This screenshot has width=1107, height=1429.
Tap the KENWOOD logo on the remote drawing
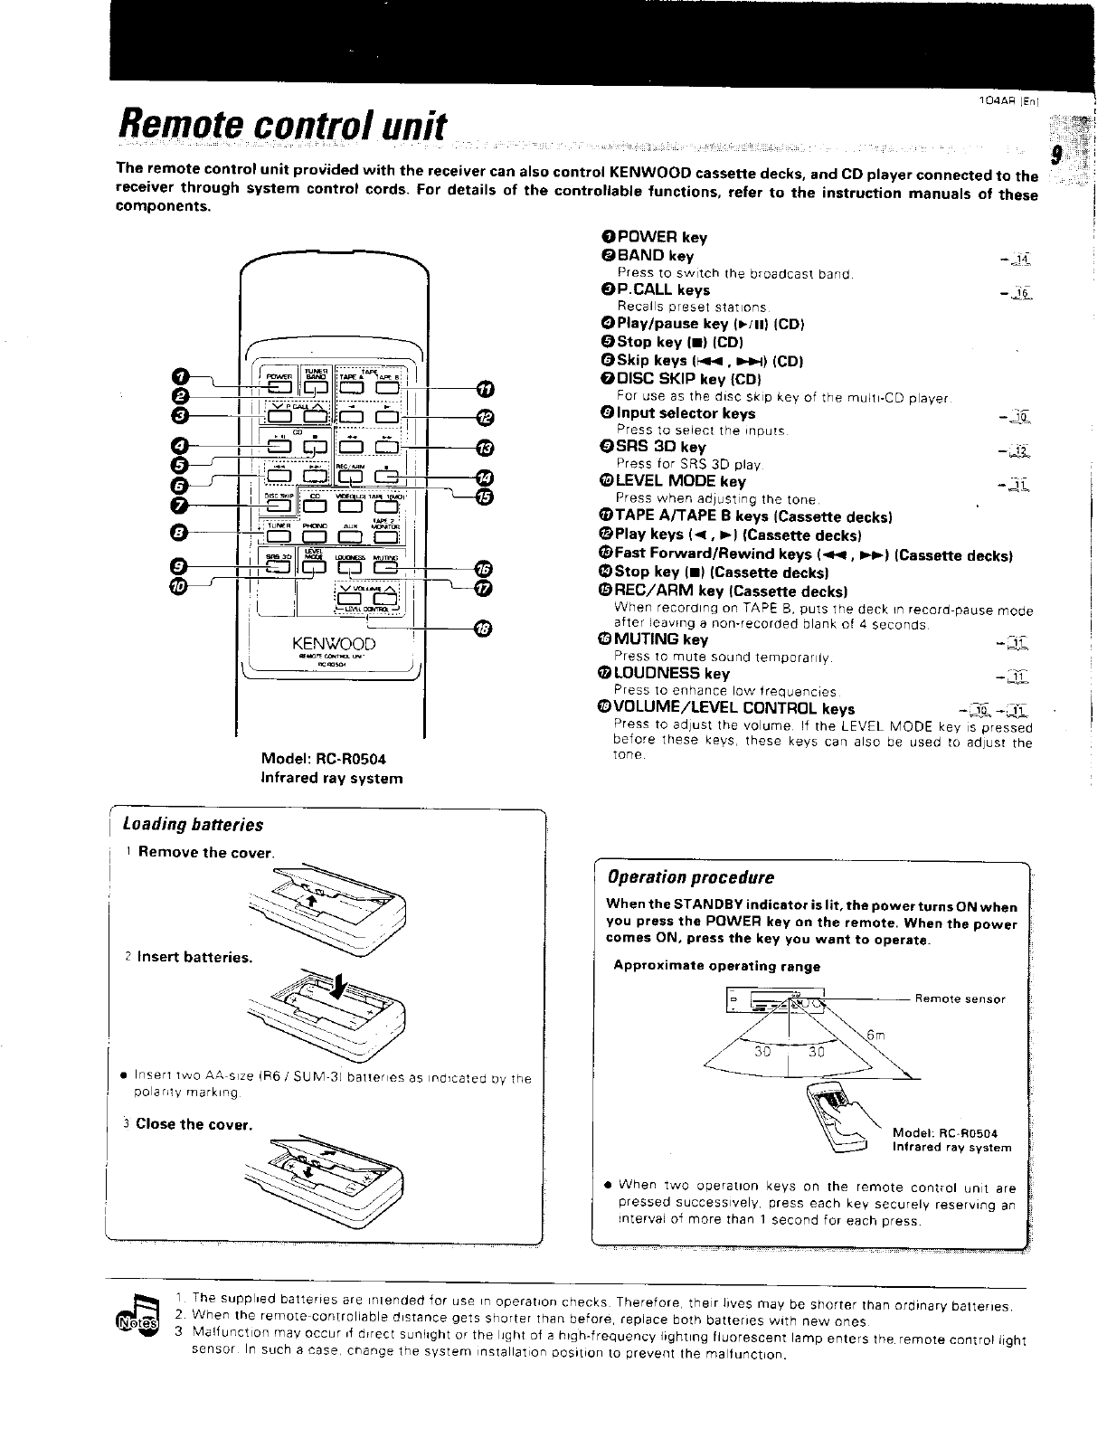pos(333,644)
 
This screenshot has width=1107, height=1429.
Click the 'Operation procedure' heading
pos(691,877)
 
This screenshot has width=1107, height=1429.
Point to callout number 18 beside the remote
pos(480,630)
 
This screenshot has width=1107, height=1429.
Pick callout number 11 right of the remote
pos(486,389)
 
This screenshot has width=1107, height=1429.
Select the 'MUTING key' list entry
pos(661,639)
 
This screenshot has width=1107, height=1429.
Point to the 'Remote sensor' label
pos(960,999)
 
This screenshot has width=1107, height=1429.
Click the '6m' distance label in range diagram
pos(875,1036)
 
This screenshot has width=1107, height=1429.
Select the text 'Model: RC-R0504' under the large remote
pos(329,759)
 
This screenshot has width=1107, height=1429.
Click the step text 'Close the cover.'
pos(194,1124)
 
